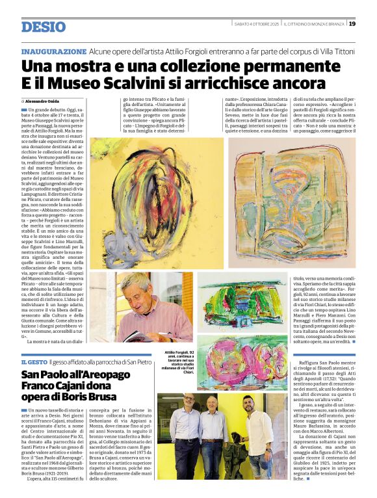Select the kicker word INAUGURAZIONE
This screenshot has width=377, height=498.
pyautogui.click(x=53, y=51)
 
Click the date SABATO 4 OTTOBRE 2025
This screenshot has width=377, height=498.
pyautogui.click(x=255, y=24)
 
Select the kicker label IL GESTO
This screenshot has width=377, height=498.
pyautogui.click(x=34, y=361)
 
